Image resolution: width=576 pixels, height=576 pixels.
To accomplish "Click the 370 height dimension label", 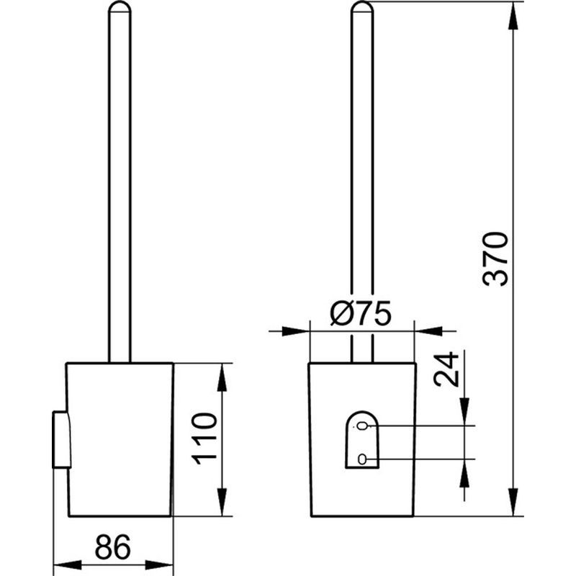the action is pos(495,259).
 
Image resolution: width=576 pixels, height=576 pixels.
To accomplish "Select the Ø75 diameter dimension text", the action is pos(361,313).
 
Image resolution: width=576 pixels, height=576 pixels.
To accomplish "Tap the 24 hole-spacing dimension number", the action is pos(446,369).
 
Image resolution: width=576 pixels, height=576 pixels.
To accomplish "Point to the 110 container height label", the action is pos(204,438).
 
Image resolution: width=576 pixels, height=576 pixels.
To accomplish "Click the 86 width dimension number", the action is pos(113,547).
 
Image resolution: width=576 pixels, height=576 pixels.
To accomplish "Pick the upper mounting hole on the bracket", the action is pos(362,426).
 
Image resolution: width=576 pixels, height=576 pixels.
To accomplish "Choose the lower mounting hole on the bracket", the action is pos(362,459).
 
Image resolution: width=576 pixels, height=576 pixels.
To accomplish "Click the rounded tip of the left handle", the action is pos(120,7).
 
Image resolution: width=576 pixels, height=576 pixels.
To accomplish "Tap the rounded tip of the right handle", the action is pos(362,7).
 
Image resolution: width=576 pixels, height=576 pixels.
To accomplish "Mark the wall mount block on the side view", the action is pos(62,440).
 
